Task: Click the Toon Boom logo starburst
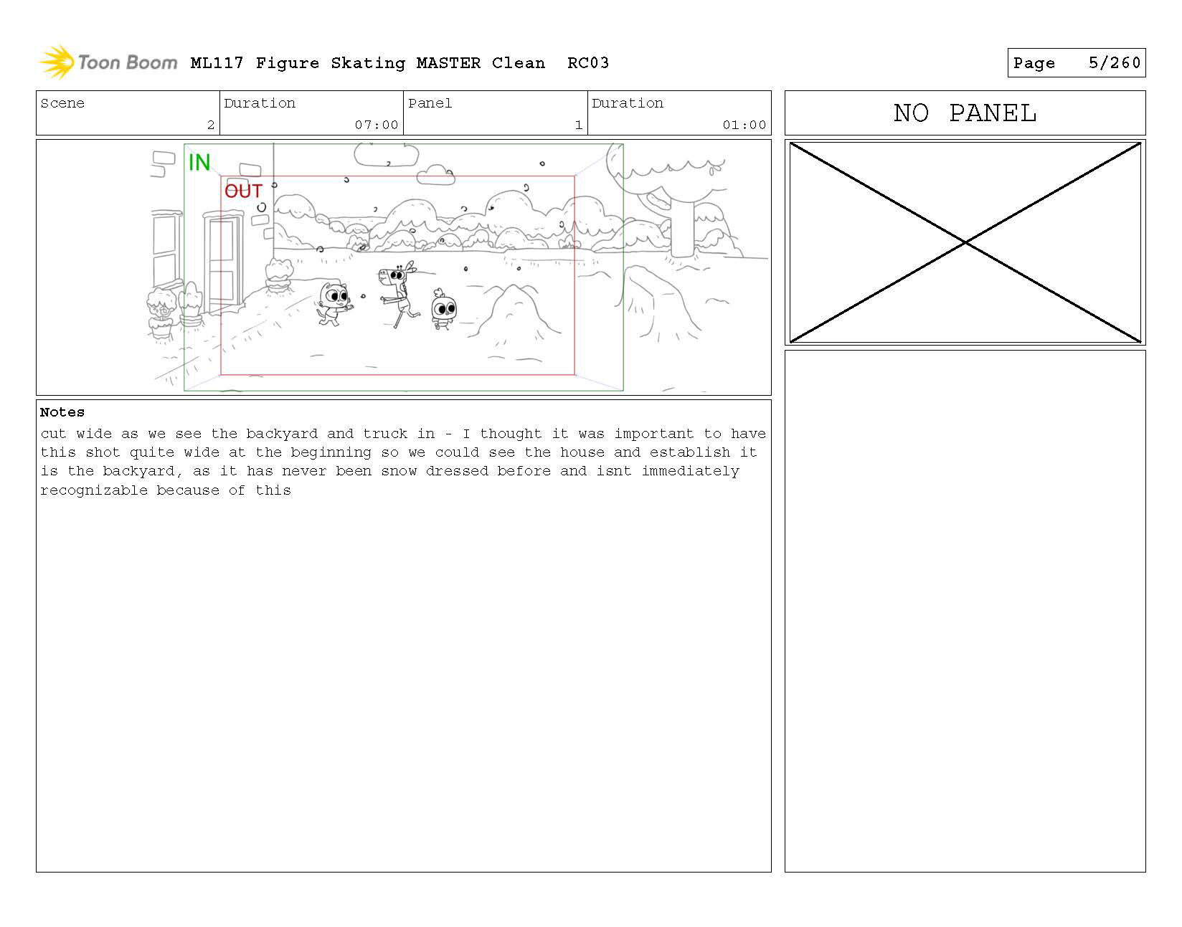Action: click(x=57, y=62)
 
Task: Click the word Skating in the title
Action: click(x=368, y=63)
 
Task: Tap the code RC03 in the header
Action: click(x=587, y=63)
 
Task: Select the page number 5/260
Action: click(x=1114, y=62)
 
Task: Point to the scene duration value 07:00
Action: click(x=376, y=125)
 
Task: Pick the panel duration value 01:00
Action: click(x=744, y=125)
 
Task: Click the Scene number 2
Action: click(x=211, y=125)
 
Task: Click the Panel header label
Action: click(x=430, y=103)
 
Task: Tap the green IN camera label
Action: click(x=199, y=163)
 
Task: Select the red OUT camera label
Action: click(x=243, y=191)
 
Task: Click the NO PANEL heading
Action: click(x=965, y=113)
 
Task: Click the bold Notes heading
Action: click(x=62, y=412)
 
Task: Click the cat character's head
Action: click(x=334, y=295)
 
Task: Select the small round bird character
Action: click(x=444, y=310)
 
